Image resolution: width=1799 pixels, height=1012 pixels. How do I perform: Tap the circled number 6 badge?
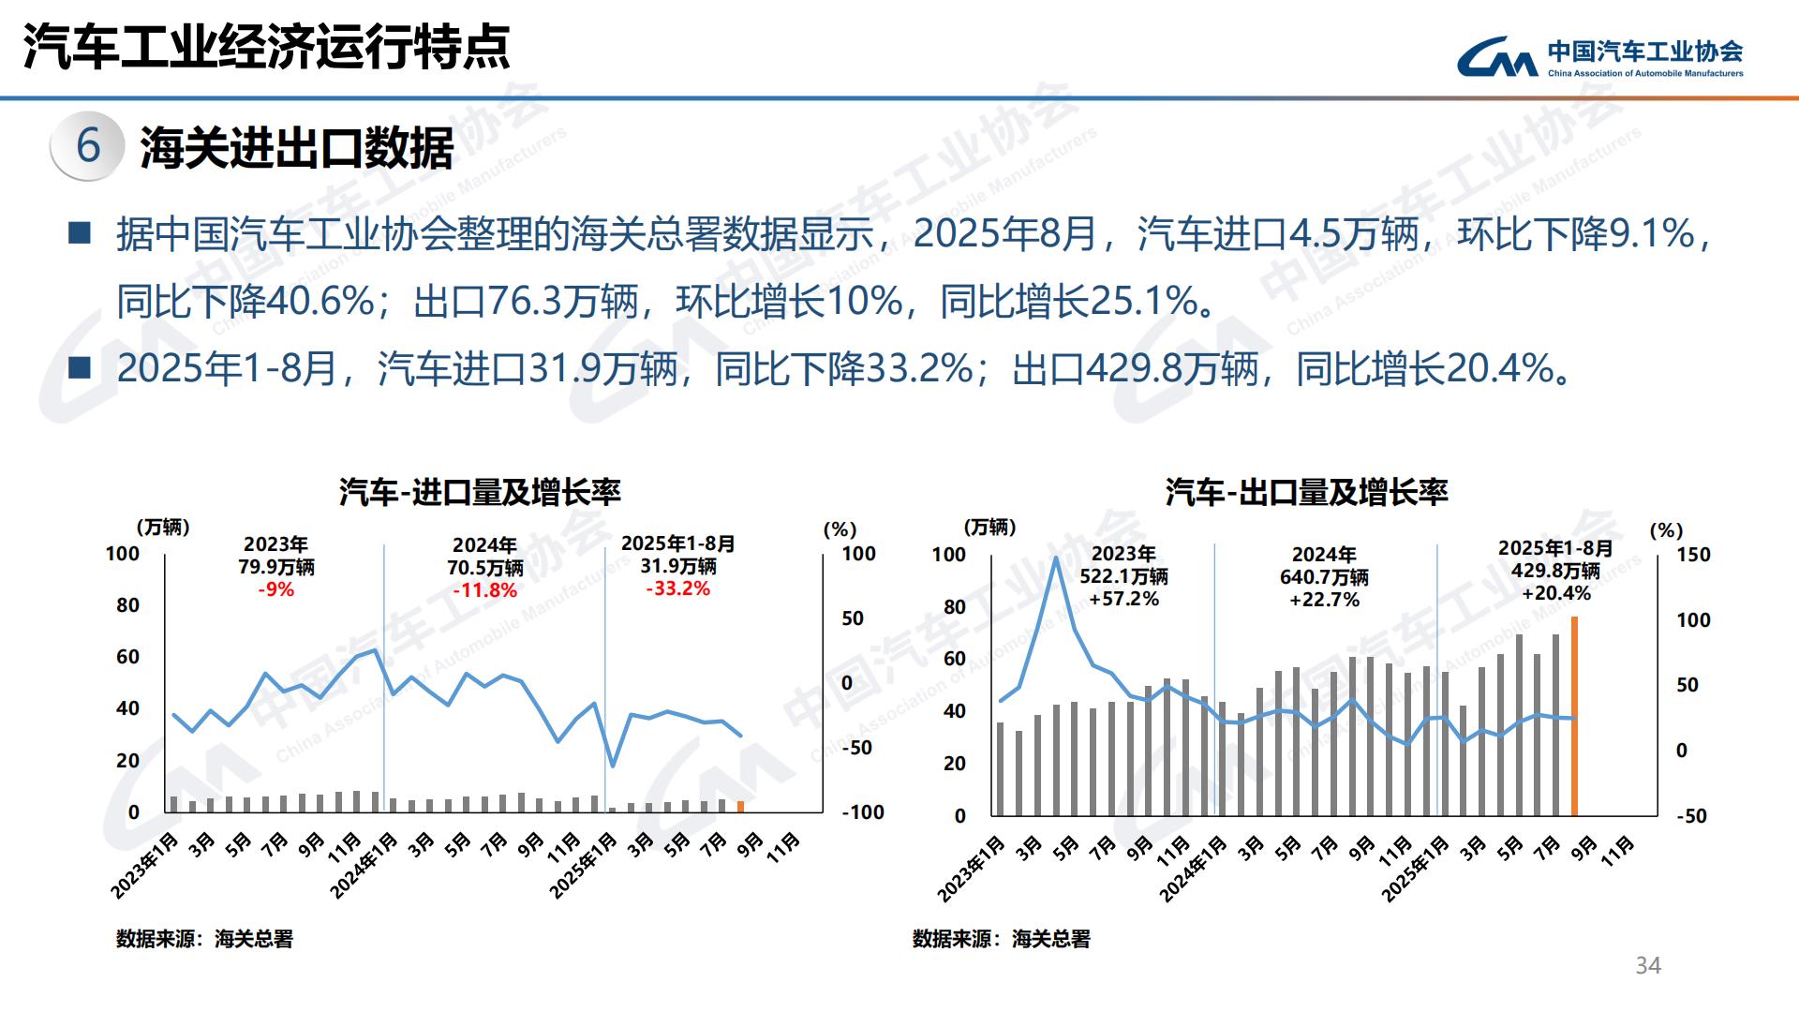click(88, 145)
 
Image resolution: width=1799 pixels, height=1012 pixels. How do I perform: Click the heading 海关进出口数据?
click(297, 148)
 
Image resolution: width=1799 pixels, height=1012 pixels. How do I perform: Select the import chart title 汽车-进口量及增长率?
click(480, 492)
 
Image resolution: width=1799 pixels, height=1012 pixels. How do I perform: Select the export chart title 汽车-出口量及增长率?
click(1306, 492)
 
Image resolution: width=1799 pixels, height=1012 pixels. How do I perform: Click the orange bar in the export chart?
click(1574, 716)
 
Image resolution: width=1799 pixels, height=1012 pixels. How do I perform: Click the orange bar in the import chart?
click(740, 806)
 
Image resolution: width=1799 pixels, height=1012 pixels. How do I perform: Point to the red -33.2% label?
click(677, 589)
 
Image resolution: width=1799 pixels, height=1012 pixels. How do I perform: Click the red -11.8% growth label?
click(484, 590)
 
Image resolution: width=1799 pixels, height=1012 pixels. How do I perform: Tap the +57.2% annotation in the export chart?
click(1123, 599)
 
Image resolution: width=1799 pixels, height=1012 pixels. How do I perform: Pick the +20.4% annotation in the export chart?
click(1555, 593)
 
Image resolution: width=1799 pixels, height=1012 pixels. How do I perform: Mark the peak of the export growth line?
click(1056, 558)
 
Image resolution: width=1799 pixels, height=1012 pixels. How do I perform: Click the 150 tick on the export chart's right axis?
click(1693, 555)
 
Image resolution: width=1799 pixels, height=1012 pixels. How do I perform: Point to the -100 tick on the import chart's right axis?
click(863, 812)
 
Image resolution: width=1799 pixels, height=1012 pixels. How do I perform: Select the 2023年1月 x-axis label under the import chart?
click(145, 866)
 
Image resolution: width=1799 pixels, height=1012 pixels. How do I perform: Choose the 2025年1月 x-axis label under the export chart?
click(1416, 868)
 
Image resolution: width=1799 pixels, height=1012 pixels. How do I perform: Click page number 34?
click(1648, 966)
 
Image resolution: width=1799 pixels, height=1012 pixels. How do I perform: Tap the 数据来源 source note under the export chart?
click(1001, 939)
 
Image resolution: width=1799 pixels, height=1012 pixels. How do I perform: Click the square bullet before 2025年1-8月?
click(80, 368)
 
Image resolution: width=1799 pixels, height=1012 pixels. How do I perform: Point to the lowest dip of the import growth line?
click(613, 766)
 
